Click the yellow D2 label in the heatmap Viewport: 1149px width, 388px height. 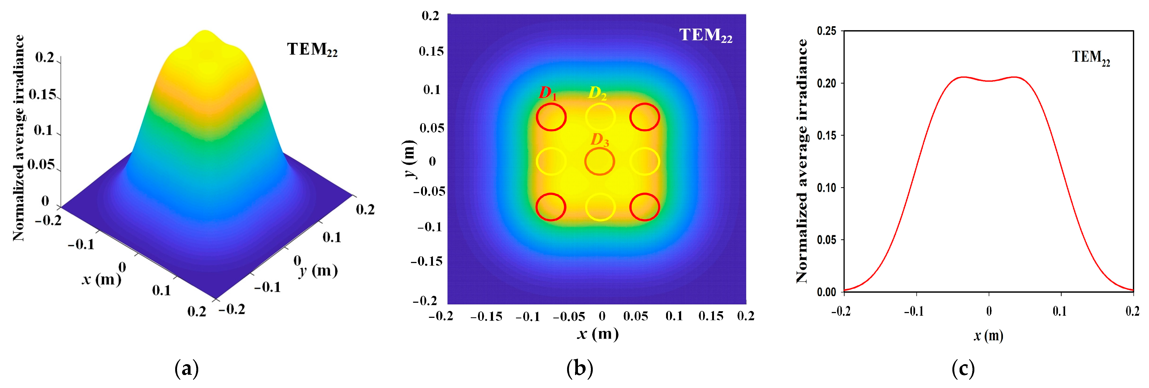(597, 93)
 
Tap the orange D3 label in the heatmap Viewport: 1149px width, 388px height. (599, 140)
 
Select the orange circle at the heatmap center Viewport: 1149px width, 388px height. (599, 162)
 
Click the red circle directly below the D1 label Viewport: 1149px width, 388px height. (551, 117)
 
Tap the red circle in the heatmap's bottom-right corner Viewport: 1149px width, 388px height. (645, 207)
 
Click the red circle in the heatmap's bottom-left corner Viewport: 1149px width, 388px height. (551, 207)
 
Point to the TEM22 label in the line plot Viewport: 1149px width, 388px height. (1091, 58)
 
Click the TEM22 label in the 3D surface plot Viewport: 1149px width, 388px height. (312, 50)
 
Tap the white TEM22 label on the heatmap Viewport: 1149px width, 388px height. (706, 35)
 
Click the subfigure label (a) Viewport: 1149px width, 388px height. (187, 369)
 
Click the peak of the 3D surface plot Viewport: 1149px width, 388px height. (205, 32)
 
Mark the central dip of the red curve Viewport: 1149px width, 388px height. (989, 81)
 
